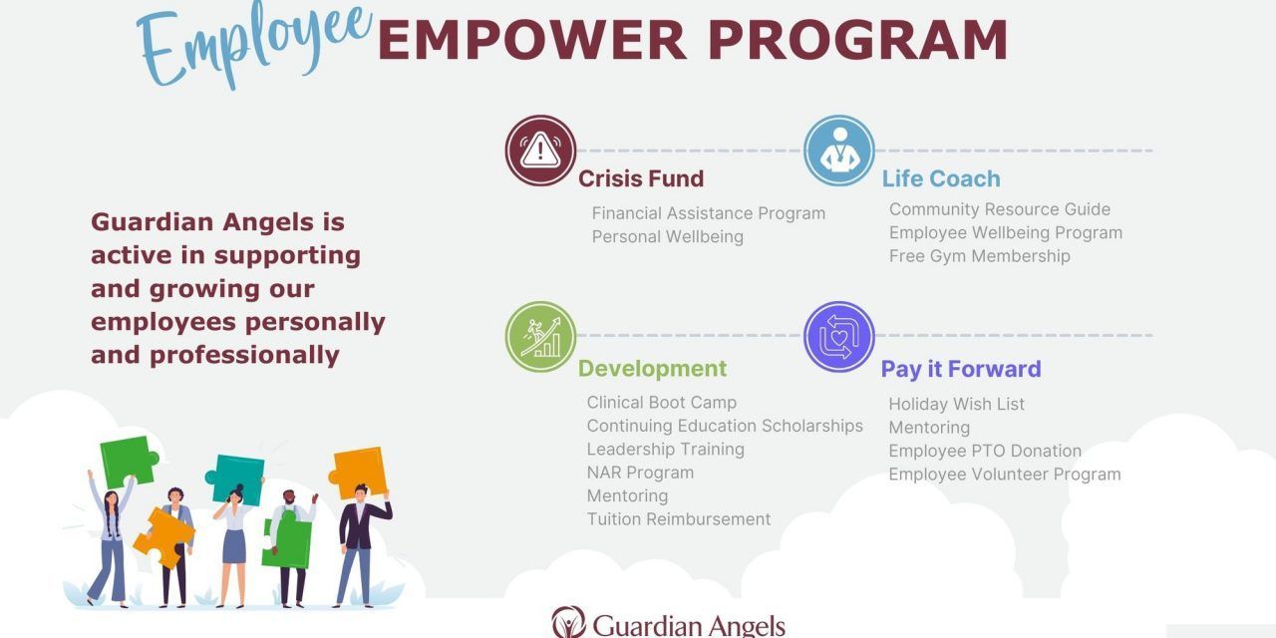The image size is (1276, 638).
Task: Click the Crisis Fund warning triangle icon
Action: [x=540, y=151]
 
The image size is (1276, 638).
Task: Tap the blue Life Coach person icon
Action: [x=839, y=151]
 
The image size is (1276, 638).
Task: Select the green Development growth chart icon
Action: [x=540, y=337]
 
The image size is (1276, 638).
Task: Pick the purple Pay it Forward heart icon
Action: [x=839, y=337]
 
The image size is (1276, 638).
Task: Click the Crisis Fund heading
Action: [x=641, y=178]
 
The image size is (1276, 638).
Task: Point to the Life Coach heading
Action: [x=941, y=178]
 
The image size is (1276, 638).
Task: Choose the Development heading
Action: [x=652, y=369]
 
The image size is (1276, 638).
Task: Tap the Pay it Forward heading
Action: [x=961, y=369]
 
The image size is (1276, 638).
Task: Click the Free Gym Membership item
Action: [x=980, y=256]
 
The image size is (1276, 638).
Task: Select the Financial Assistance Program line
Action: [x=709, y=213]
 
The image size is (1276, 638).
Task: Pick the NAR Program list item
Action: [x=640, y=473]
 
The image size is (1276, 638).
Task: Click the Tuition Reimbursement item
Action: [x=679, y=519]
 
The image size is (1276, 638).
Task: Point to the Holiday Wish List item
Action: [x=956, y=405]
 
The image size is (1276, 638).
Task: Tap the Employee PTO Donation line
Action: [x=985, y=452]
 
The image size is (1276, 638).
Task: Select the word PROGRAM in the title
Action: [x=858, y=40]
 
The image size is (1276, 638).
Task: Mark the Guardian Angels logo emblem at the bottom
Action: [x=568, y=622]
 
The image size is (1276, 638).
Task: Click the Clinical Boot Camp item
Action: [x=661, y=403]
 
